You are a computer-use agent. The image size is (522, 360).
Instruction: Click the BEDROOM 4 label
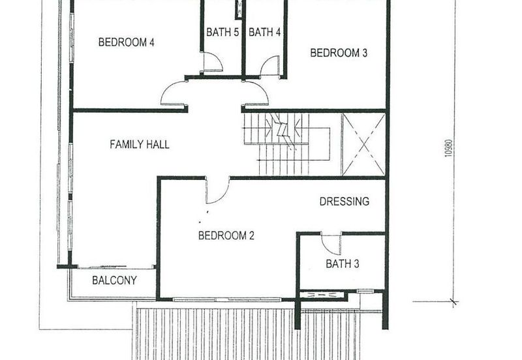point(126,42)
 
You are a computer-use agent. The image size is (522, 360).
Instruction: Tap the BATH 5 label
point(223,32)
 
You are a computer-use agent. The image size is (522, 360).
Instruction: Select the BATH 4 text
point(265,32)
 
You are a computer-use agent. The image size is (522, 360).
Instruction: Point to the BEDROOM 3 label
point(339,53)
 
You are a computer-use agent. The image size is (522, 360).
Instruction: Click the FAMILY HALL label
point(140,144)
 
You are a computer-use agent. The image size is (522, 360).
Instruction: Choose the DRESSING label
point(345,201)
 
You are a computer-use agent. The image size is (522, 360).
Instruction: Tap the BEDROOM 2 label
point(226,235)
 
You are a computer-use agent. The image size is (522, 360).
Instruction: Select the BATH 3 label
point(342,264)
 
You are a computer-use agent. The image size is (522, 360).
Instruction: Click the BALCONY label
point(114,280)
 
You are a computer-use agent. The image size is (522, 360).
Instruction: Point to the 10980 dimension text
point(449,148)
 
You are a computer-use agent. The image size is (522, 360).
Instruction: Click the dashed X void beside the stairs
point(364,144)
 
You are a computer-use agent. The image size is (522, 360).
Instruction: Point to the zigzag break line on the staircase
point(283,131)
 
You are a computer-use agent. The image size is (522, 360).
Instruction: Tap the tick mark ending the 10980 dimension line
point(453,302)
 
